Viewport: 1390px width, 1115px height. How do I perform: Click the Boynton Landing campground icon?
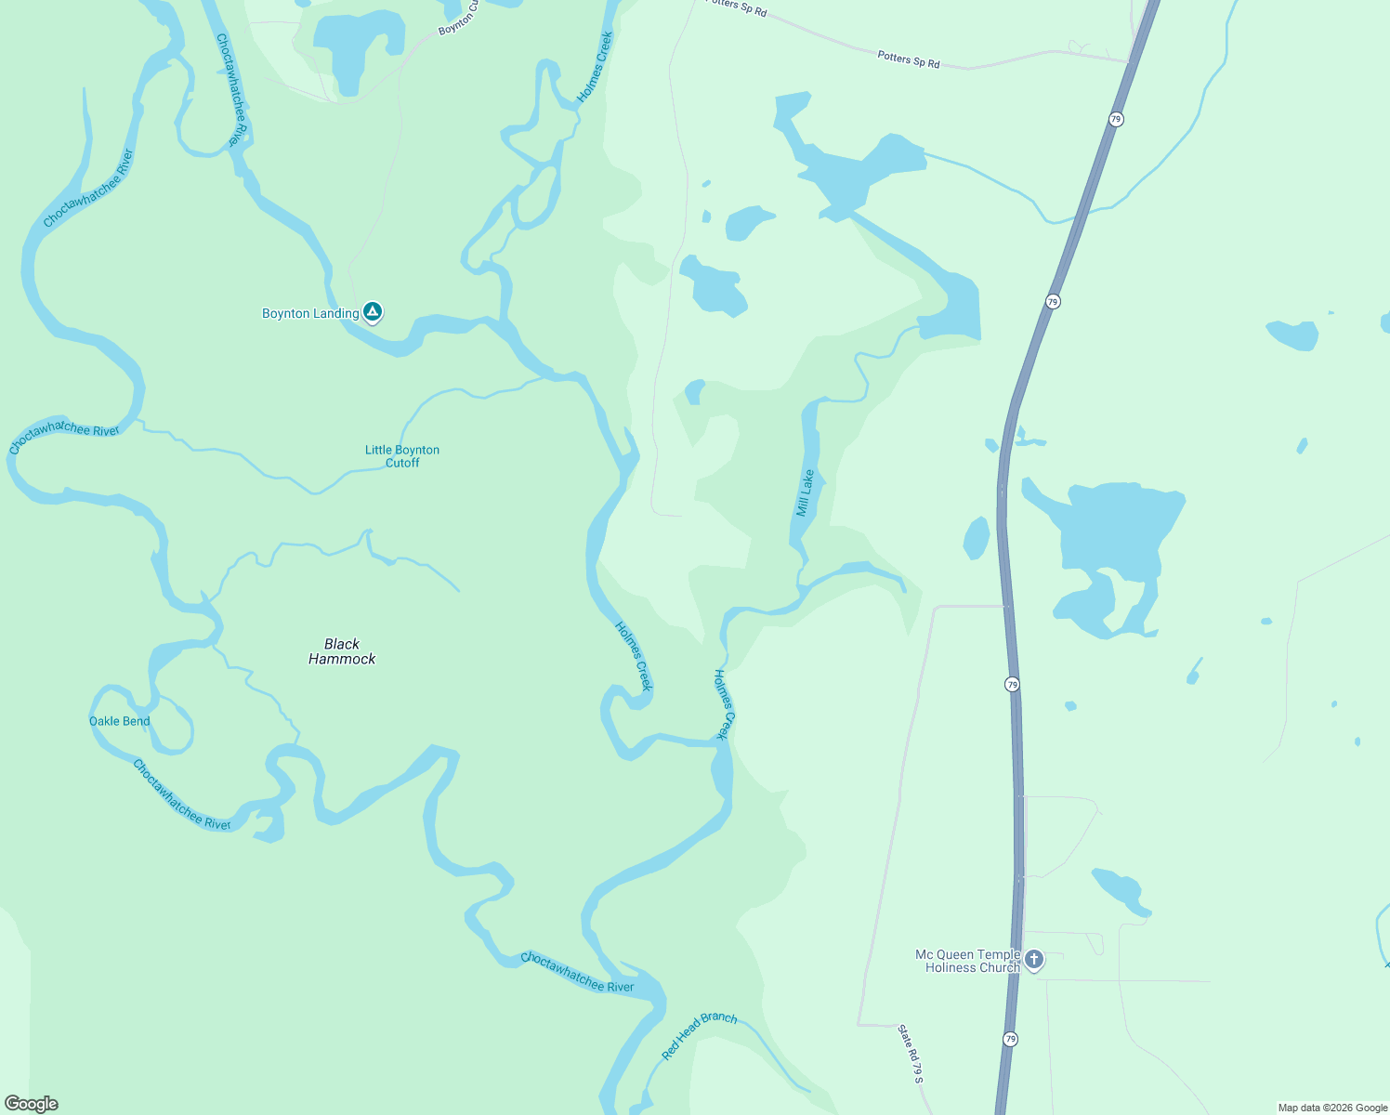[x=373, y=312]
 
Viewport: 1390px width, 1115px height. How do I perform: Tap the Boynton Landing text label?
[x=310, y=314]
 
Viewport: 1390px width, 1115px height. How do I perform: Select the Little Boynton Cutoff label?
[x=402, y=456]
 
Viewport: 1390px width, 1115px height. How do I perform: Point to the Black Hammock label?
[x=342, y=651]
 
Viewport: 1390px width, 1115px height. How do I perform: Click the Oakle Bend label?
[x=119, y=721]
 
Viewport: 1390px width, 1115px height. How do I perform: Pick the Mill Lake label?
[x=805, y=492]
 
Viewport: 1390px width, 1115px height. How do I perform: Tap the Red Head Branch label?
[x=699, y=1035]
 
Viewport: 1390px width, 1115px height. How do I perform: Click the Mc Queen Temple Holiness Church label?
[x=967, y=961]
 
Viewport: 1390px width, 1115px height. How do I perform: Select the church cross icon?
[x=1033, y=959]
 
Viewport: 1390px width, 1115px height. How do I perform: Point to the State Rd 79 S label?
[x=911, y=1054]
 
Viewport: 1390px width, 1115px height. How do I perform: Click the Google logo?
[x=31, y=1104]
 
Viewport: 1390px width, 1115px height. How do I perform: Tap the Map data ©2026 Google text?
[x=1332, y=1108]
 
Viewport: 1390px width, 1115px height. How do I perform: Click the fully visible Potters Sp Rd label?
[x=909, y=59]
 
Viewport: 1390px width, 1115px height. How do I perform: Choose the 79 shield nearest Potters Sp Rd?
[x=1116, y=119]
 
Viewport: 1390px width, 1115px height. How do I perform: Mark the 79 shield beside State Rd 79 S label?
[x=1010, y=1039]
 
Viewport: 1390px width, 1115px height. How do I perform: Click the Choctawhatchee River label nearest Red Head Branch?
[x=577, y=972]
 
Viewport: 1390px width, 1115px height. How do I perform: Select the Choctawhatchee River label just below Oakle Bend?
[x=181, y=795]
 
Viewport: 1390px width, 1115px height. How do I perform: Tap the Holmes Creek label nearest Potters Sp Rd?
[x=595, y=67]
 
